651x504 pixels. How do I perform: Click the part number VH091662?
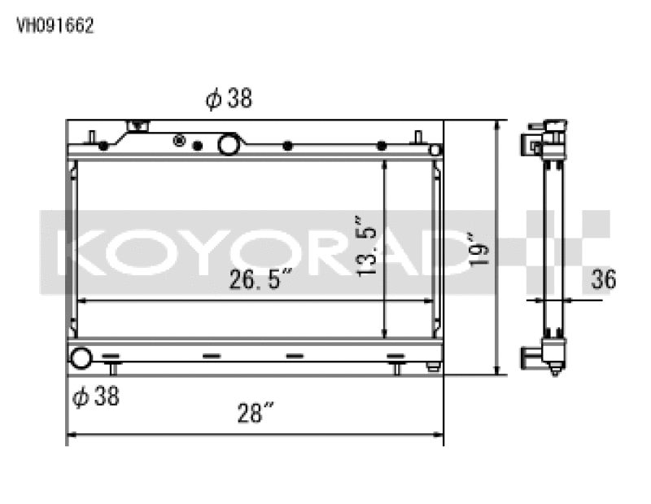(x=55, y=25)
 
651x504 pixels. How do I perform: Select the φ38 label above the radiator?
(x=229, y=99)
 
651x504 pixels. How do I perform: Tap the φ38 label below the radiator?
(x=96, y=397)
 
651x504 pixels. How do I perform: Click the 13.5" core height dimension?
(x=367, y=245)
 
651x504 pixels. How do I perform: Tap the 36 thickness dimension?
(x=603, y=280)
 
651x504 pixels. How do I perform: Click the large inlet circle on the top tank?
(x=229, y=145)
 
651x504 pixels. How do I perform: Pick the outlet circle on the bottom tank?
(x=81, y=357)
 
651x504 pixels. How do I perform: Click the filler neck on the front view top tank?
(x=138, y=127)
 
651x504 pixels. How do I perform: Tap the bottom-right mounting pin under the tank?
(x=396, y=368)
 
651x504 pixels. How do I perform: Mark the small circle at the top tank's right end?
(x=435, y=150)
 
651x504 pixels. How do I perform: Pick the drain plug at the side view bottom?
(x=555, y=369)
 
